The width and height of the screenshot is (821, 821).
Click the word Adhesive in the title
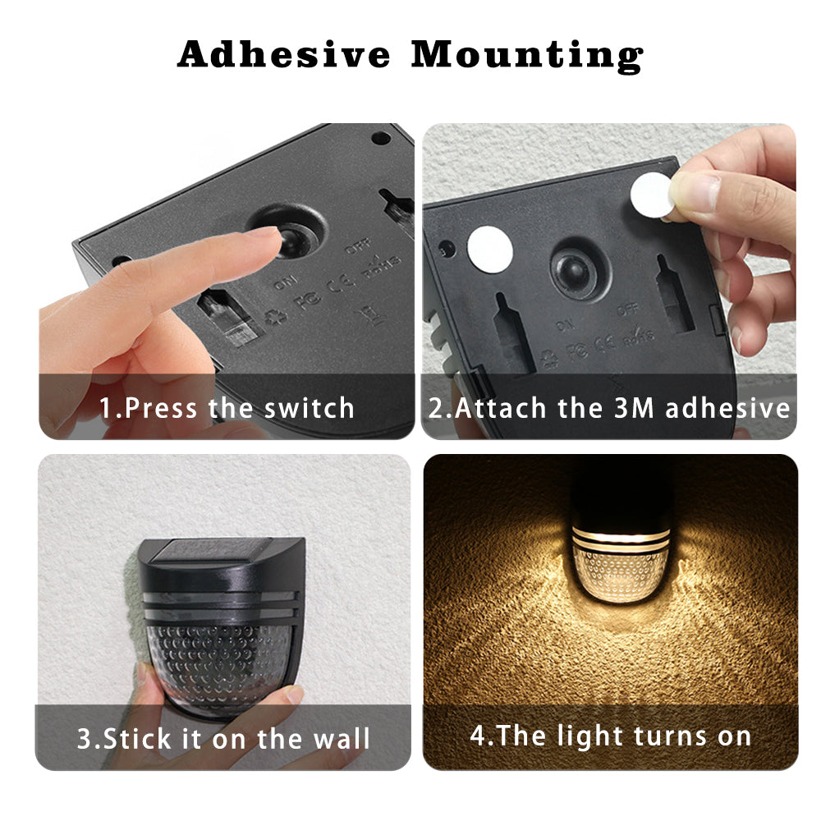tap(284, 54)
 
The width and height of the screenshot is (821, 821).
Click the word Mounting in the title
tap(527, 57)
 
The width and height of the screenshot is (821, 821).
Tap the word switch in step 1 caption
tap(309, 408)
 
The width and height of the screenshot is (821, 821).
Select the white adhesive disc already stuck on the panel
tap(489, 250)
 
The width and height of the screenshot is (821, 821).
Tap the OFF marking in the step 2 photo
tap(627, 310)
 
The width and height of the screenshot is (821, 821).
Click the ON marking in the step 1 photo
tap(286, 282)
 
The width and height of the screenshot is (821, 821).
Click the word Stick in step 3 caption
tap(138, 739)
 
